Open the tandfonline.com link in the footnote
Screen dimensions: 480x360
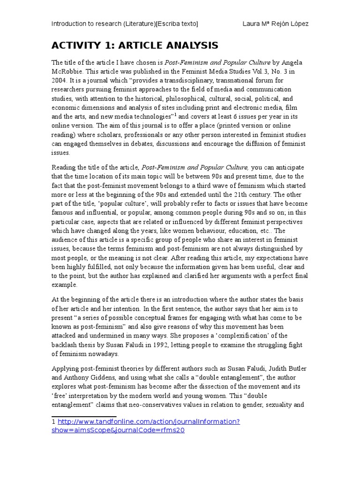pyautogui.click(x=149, y=421)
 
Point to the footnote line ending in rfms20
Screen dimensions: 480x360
pyautogui.click(x=118, y=430)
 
